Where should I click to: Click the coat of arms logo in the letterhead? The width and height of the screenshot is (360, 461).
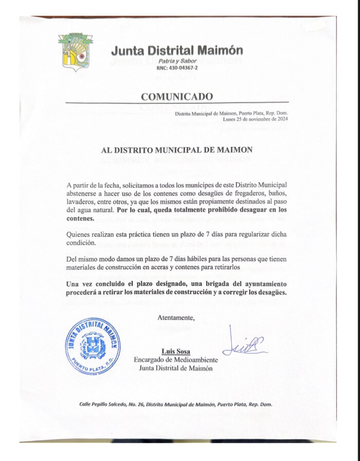click(x=76, y=52)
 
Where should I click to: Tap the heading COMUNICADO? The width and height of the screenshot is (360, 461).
click(x=176, y=96)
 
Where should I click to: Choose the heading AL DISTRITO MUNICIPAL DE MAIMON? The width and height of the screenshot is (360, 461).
click(x=176, y=150)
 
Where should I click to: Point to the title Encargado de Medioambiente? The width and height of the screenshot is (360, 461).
click(x=176, y=360)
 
